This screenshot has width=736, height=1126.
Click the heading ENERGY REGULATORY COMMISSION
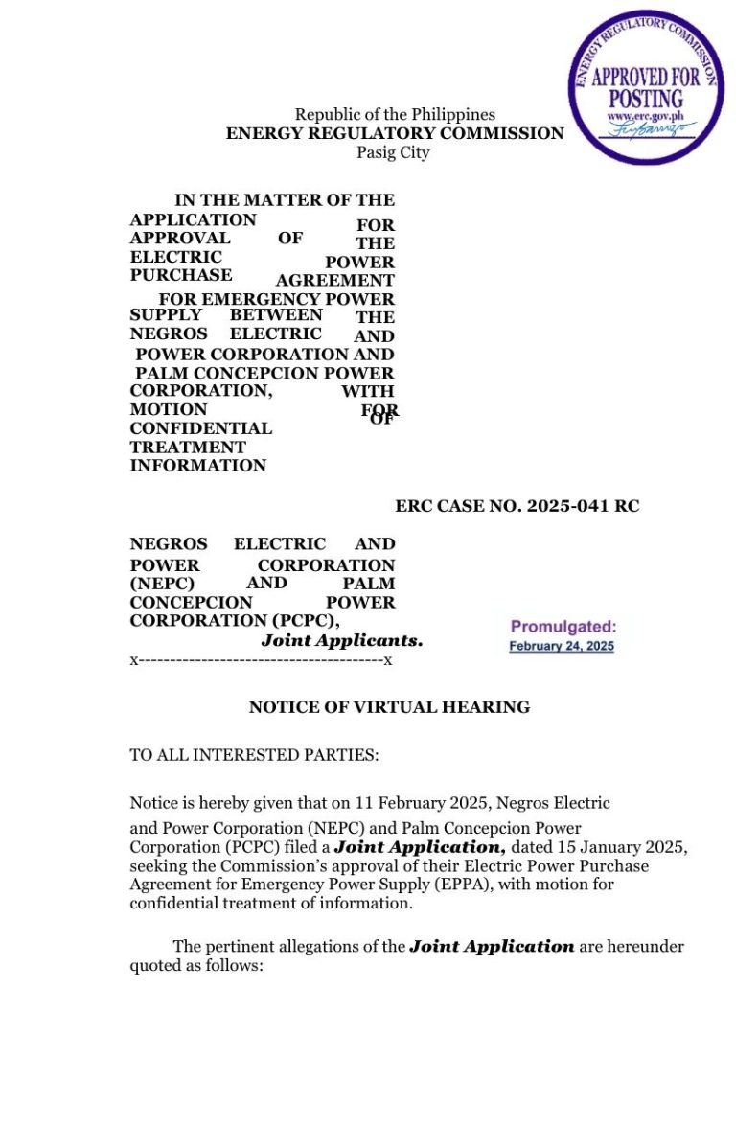(x=395, y=134)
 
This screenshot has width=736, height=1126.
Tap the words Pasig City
(x=394, y=153)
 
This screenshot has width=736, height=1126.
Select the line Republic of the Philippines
(x=395, y=115)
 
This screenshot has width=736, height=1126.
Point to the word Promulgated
(x=563, y=628)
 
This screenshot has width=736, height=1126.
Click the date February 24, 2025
(x=562, y=647)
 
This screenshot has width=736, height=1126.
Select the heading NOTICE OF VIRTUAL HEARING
(x=389, y=708)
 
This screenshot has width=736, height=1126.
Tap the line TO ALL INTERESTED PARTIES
(x=254, y=755)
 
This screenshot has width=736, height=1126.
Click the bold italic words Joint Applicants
(x=341, y=640)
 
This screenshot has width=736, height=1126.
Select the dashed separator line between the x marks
(x=262, y=661)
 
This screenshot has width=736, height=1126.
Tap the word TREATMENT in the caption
(x=188, y=448)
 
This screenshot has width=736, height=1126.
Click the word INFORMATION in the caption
(x=198, y=466)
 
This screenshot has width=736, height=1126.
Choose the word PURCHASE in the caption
(x=181, y=275)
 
